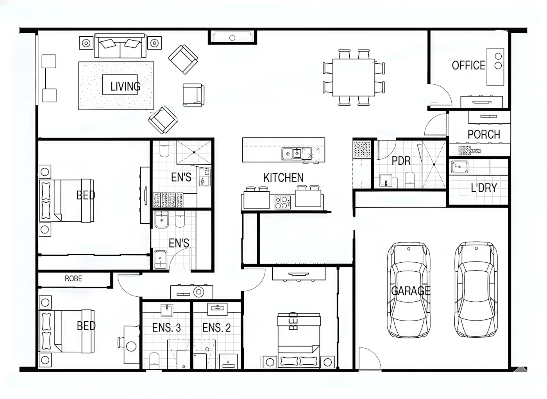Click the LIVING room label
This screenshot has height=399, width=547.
coord(125,86)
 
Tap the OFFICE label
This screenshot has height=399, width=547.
coord(468,66)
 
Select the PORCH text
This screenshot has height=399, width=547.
coord(484,134)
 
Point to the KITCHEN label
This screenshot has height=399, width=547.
coord(284,178)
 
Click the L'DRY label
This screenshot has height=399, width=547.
coord(484,188)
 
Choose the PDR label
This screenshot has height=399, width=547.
coord(401,160)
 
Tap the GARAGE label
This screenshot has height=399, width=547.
coord(411,290)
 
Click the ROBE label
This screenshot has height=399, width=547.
coord(73,278)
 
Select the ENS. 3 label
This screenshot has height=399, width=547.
coord(166,328)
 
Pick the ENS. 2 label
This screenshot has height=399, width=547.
coord(216,328)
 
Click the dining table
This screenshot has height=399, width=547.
coord(354,78)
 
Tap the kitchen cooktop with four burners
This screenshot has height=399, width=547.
coord(282,202)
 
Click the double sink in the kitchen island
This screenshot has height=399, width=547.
coord(291,154)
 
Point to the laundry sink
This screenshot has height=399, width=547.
coord(459,167)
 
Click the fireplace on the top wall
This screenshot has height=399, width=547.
coord(232,37)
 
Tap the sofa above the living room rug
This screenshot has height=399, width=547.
coord(120,46)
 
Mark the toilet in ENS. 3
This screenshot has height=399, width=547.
coord(154,360)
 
